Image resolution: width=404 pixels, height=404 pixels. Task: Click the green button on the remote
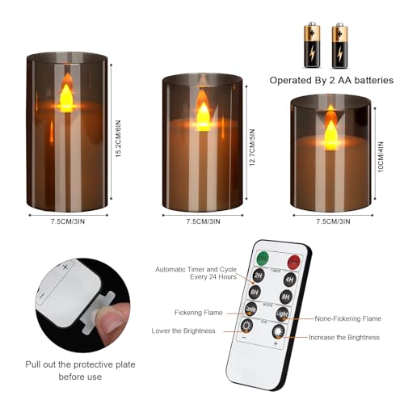tap(263, 258)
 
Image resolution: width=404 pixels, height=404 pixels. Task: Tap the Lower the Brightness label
tap(183, 330)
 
